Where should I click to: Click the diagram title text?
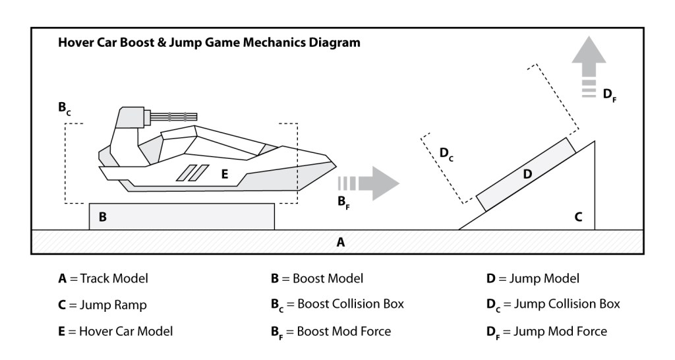(209, 44)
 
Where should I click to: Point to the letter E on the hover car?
(225, 173)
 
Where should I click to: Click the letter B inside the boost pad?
(103, 216)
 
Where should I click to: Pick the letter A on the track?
(341, 242)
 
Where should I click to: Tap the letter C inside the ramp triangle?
(578, 216)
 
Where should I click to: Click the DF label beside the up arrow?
(609, 95)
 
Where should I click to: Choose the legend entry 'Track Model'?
(103, 278)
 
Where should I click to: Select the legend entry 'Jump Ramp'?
(103, 305)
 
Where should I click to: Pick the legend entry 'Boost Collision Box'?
(337, 305)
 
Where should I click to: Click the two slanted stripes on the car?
(189, 173)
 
